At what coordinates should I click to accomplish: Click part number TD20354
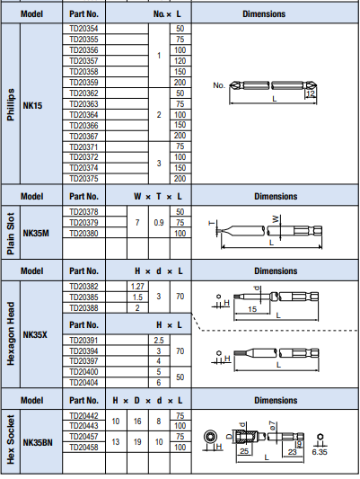83,29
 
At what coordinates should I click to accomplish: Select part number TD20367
83,137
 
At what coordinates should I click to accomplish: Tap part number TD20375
83,179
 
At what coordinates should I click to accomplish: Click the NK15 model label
32,106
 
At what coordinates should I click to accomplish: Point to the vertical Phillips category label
11,104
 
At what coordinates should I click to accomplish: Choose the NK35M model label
36,234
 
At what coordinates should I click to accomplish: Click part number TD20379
83,222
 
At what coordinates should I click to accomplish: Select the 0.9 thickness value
159,223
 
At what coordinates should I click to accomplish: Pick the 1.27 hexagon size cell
137,287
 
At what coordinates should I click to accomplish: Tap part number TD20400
83,372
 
